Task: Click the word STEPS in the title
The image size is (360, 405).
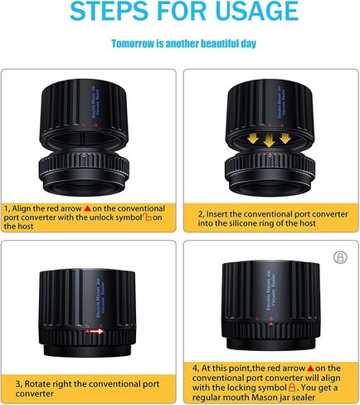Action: [x=109, y=11]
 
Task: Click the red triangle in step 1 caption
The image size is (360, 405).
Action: [x=87, y=208]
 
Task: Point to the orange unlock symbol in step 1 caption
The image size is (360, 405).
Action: [x=148, y=217]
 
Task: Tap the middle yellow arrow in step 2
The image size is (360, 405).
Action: [x=269, y=139]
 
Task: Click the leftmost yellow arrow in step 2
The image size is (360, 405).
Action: [x=253, y=137]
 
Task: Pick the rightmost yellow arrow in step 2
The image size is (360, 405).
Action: [x=285, y=137]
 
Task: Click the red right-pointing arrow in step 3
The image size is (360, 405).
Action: [x=95, y=331]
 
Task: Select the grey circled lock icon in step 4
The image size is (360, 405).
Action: [x=340, y=257]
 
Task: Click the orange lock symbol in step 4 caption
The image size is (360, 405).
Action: [x=291, y=387]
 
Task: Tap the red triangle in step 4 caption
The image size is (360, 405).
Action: [x=310, y=368]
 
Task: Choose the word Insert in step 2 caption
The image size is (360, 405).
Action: [x=217, y=214]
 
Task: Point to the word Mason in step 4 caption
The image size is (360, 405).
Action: [x=263, y=398]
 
